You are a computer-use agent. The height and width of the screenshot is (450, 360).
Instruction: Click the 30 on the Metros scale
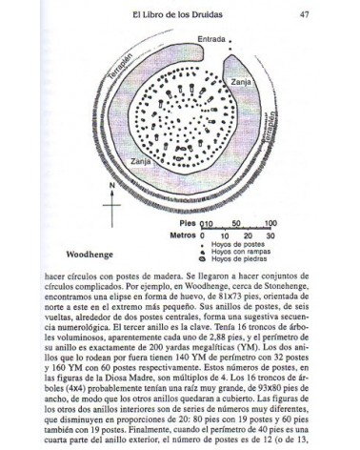(x=270, y=234)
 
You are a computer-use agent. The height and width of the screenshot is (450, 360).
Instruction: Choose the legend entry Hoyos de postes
(x=233, y=243)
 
